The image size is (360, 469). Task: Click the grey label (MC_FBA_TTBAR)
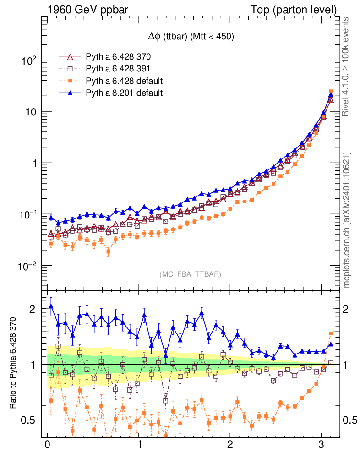pyautogui.click(x=191, y=274)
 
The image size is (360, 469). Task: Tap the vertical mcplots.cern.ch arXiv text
pyautogui.click(x=347, y=220)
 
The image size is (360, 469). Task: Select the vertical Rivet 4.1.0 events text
pyautogui.click(x=347, y=66)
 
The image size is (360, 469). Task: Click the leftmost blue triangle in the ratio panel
pyautogui.click(x=51, y=306)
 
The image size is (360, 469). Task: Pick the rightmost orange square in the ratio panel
pyautogui.click(x=331, y=333)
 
